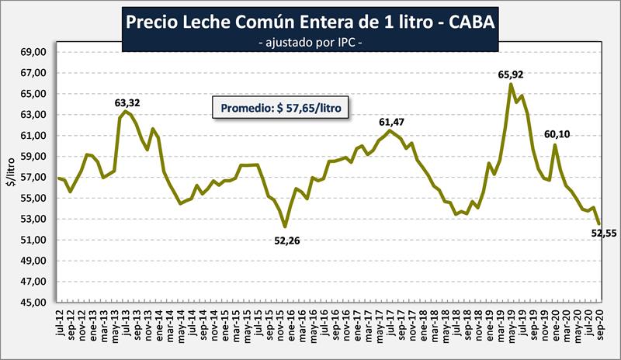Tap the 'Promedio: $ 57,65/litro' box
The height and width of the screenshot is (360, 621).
pos(282,108)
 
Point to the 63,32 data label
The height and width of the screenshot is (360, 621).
pos(127,102)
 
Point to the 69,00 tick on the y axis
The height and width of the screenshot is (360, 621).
pos(35,53)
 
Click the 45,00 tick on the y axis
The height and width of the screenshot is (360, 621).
pos(35,303)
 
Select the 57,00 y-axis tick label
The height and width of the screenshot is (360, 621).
pos(35,178)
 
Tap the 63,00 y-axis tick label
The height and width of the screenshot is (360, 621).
pos(35,115)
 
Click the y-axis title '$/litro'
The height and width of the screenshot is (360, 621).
pos(11,178)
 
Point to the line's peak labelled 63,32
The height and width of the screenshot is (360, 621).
pos(126,111)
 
